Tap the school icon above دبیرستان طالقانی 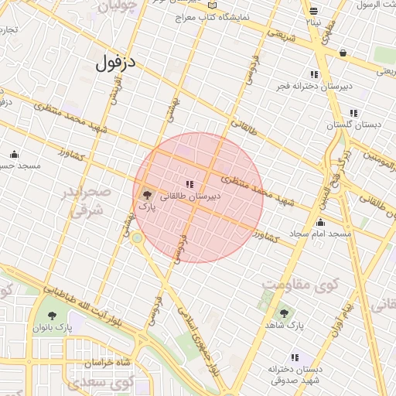coord(189,184)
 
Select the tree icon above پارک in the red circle coord(147,196)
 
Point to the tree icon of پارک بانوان coord(52,316)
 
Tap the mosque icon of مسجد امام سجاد coord(320,222)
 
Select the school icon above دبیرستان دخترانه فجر coord(313,74)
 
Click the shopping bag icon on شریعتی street coord(342,53)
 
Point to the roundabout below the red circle coord(136,238)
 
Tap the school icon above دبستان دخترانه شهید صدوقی coord(295,357)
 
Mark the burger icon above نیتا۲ coord(313,11)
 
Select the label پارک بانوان coord(52,327)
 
